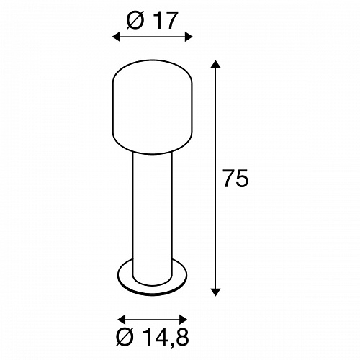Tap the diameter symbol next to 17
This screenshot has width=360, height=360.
pyautogui.click(x=136, y=20)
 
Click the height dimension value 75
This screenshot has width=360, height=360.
pyautogui.click(x=235, y=178)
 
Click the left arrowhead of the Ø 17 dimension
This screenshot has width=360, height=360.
pyautogui.click(x=117, y=37)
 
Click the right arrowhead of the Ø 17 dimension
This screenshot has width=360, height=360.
pyautogui.click(x=189, y=37)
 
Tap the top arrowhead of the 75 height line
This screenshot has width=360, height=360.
pyautogui.click(x=215, y=64)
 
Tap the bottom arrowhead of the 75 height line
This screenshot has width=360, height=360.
pyautogui.click(x=215, y=292)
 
